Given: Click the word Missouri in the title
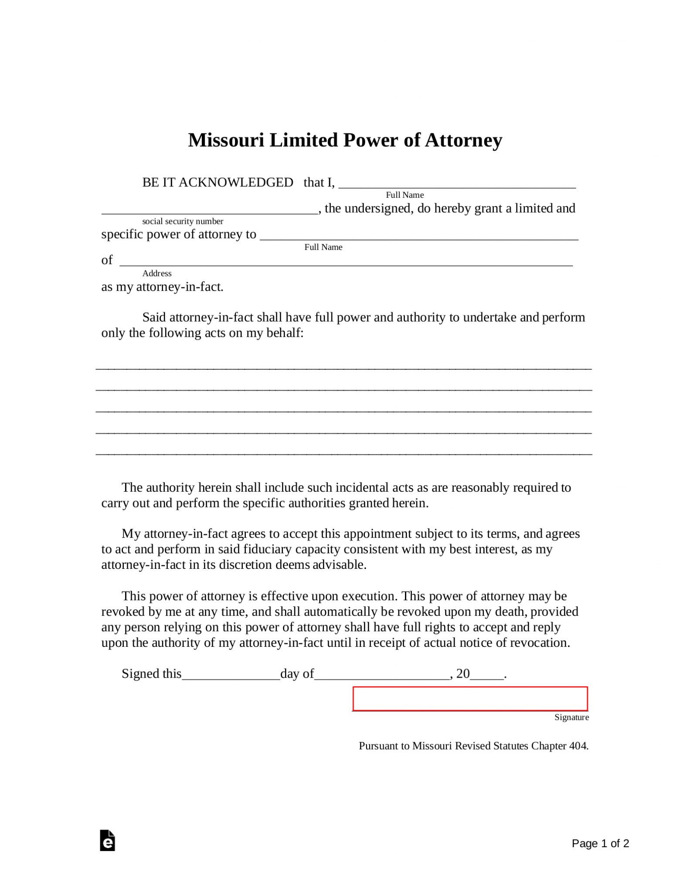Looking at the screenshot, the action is (226, 140).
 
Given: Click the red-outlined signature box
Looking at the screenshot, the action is (470, 699).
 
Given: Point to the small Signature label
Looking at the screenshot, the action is (571, 717).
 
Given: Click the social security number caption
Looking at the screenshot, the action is (183, 221).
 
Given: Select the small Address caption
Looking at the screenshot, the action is (157, 274).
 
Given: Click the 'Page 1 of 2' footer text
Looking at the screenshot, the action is (600, 844).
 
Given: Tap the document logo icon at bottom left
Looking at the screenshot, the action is (107, 841).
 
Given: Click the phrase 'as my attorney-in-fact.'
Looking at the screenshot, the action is (162, 287).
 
